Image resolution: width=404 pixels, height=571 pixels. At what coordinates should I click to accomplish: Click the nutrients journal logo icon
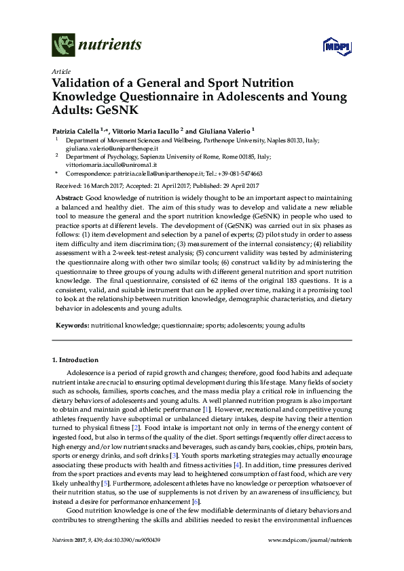[65, 45]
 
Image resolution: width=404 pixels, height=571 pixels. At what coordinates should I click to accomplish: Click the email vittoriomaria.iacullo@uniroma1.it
[111, 164]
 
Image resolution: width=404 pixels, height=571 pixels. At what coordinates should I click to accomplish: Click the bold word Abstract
[70, 196]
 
